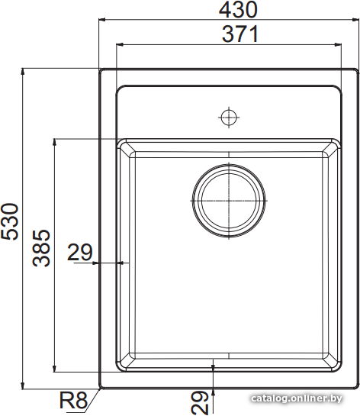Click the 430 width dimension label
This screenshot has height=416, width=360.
[238, 10]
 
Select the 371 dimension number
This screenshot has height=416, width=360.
[240, 34]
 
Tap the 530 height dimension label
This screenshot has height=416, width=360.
[10, 222]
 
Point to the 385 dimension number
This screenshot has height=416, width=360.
[41, 248]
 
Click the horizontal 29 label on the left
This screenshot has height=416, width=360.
[80, 252]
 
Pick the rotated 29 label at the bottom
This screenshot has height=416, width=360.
[200, 403]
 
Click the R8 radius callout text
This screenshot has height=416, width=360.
[73, 400]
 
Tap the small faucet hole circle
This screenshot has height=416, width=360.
[229, 118]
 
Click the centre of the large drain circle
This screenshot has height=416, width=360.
[229, 201]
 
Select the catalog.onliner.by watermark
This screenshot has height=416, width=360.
[297, 398]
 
